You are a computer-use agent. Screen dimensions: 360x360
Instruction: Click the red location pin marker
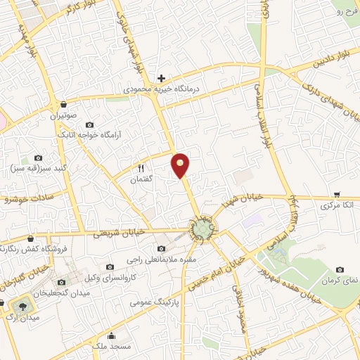181,165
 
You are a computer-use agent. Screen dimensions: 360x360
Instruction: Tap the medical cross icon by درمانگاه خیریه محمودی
161,77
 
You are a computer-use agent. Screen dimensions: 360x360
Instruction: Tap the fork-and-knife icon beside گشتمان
141,168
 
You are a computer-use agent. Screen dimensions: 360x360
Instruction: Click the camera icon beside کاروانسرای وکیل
109,266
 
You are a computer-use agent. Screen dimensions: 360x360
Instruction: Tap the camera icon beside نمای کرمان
340,269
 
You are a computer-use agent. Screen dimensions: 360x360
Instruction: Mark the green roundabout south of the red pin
202,229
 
